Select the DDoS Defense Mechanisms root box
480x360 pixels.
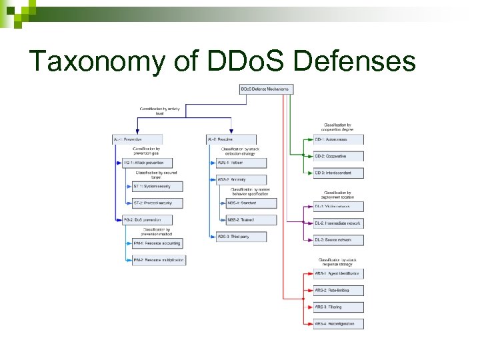(265, 89)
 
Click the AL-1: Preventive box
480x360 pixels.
(137, 139)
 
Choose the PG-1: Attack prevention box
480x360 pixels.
(147, 163)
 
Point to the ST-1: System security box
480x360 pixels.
(157, 186)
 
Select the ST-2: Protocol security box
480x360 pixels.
(157, 203)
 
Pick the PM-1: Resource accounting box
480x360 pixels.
(157, 243)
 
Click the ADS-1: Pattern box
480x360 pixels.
(241, 163)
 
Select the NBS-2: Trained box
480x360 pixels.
(251, 219)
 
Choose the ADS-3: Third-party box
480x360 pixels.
(241, 237)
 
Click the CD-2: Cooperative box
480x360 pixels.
(339, 156)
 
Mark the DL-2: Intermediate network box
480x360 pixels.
(339, 223)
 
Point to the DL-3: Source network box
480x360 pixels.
(339, 240)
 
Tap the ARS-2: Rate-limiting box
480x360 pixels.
(339, 291)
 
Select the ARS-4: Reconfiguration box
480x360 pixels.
(339, 324)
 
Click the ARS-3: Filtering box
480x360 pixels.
(339, 307)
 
